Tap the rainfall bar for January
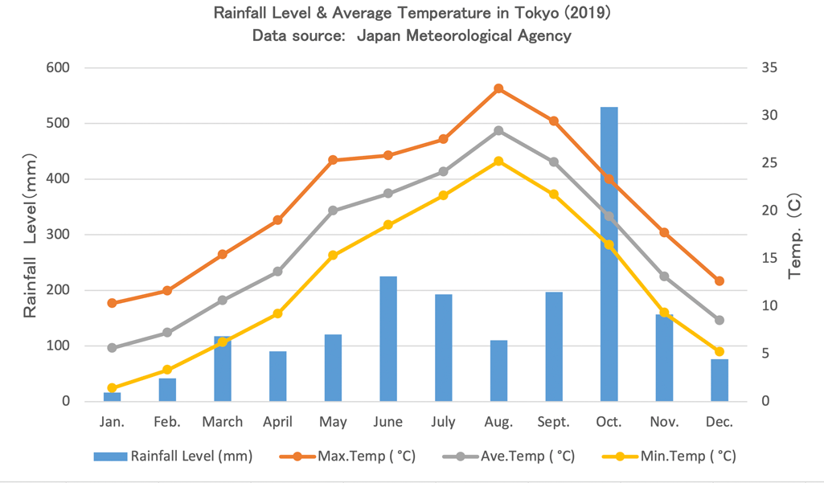point(112,396)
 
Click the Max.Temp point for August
point(498,88)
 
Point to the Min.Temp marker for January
point(112,387)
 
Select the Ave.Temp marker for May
point(333,211)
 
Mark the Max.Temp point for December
point(719,280)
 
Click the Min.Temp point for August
point(498,161)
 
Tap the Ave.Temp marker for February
point(167,332)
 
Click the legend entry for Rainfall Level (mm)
point(173,456)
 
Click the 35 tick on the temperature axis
point(769,68)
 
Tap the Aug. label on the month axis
point(498,422)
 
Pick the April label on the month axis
point(277,422)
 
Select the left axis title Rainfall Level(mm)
point(31,234)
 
